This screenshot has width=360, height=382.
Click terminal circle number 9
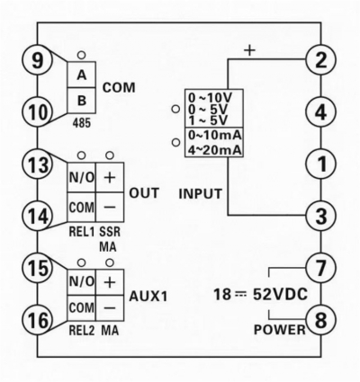[38, 61]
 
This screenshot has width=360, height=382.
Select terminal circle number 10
[38, 112]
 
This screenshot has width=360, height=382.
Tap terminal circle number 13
[38, 164]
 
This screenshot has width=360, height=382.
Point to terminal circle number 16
[38, 320]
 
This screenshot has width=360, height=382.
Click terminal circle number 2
[321, 60]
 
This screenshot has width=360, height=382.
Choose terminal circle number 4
[321, 112]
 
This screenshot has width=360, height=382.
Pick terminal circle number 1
[321, 164]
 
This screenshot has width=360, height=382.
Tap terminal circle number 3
[321, 216]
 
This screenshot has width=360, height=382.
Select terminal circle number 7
[321, 268]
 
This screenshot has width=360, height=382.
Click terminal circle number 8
[321, 319]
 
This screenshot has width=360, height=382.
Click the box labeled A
[81, 75]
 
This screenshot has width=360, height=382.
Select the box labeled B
[81, 101]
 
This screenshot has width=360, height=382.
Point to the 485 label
[82, 123]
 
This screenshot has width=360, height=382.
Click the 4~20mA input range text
[215, 150]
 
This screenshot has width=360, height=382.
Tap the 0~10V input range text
[211, 97]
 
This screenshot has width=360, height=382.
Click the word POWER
[279, 330]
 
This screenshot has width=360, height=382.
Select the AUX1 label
[148, 297]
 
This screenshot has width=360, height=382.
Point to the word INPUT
[201, 194]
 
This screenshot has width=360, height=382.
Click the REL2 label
[82, 330]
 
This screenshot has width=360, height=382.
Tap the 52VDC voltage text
[281, 294]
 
